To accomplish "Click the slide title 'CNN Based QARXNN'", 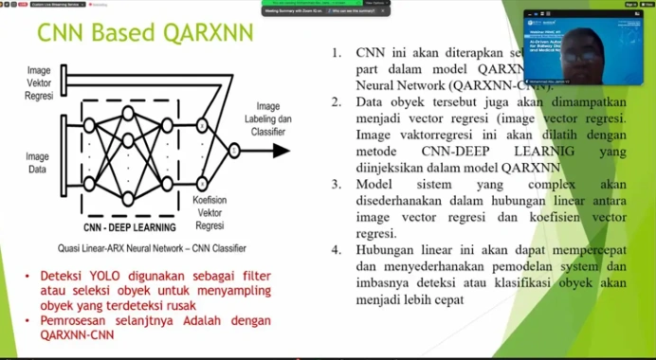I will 145,33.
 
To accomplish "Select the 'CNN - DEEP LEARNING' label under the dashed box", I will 128,227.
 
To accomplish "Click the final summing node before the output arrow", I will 234,150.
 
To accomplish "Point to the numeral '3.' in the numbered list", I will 337,184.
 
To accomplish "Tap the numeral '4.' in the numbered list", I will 337,250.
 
